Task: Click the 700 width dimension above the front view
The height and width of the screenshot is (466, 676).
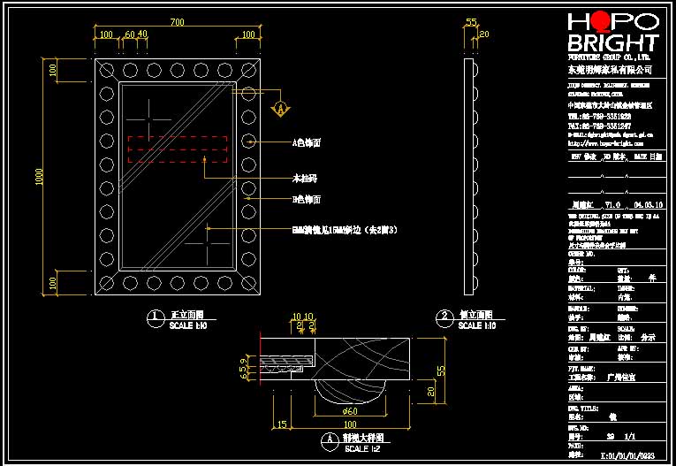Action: click(177, 21)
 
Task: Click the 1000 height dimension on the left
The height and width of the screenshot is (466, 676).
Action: click(40, 177)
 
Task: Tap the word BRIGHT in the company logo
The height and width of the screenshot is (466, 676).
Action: click(612, 43)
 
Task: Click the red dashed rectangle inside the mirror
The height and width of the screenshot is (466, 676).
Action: click(178, 149)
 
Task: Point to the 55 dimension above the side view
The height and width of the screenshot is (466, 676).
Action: click(471, 21)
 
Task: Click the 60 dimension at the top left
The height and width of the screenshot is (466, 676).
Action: click(130, 34)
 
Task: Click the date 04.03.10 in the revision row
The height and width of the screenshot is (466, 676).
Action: click(649, 204)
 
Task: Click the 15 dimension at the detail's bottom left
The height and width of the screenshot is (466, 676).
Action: click(282, 425)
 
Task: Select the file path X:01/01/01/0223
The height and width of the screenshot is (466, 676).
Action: click(627, 456)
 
